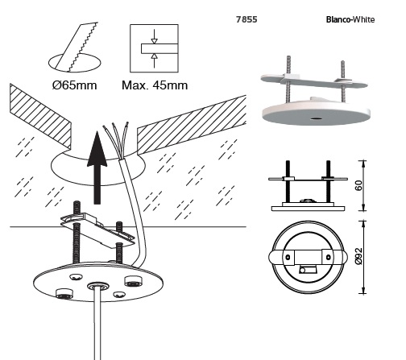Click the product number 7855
[246, 19]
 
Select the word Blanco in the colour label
[338, 19]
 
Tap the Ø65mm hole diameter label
[74, 85]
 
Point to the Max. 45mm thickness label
[155, 85]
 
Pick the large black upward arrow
[97, 168]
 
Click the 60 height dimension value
[358, 185]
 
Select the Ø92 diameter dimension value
[358, 256]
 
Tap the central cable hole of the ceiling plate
[97, 285]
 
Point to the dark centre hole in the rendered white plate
[316, 118]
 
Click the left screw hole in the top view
[288, 257]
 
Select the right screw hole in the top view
[328, 257]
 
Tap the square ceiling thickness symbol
[154, 48]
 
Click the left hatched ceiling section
[40, 115]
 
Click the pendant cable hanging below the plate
[97, 324]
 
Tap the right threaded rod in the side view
[328, 181]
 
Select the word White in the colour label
[363, 19]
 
